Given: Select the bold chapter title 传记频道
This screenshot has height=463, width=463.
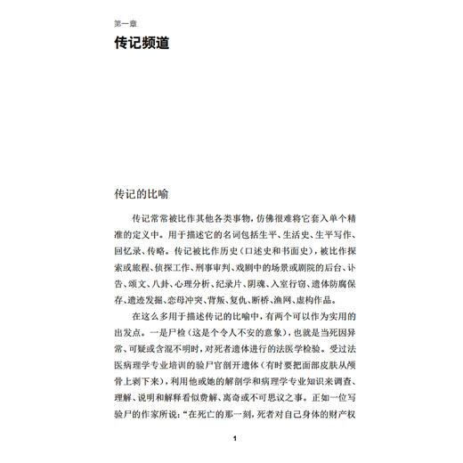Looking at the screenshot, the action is pos(142,42).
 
